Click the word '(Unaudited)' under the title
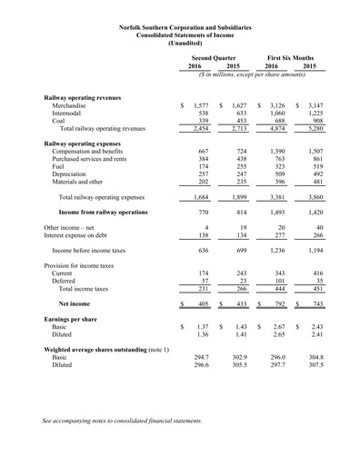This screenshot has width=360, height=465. point(180,41)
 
